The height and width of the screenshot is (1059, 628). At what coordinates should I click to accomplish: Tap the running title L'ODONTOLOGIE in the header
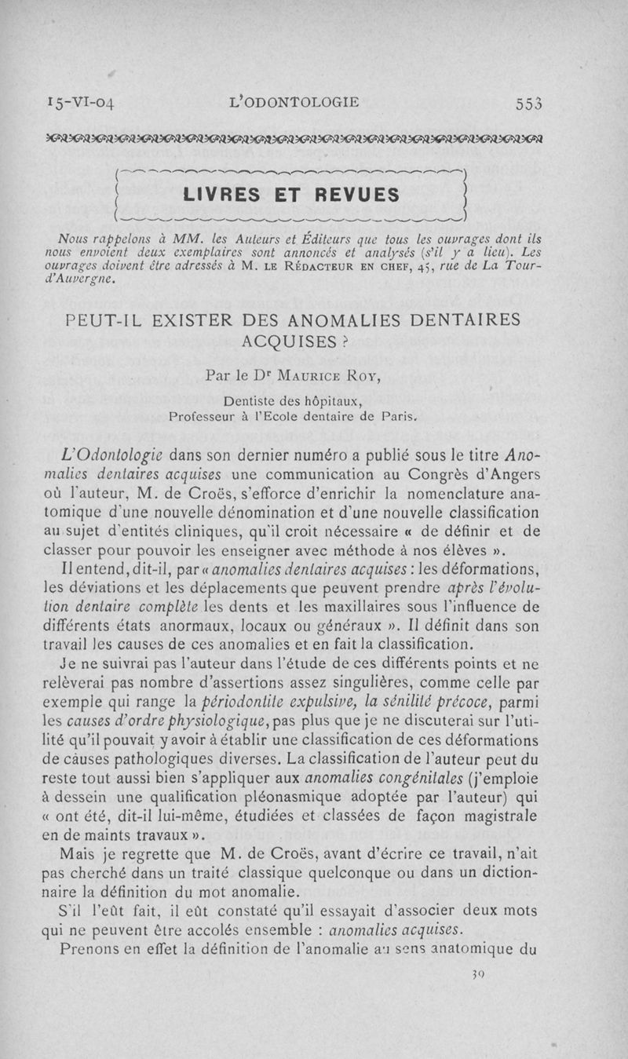[x=292, y=102]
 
